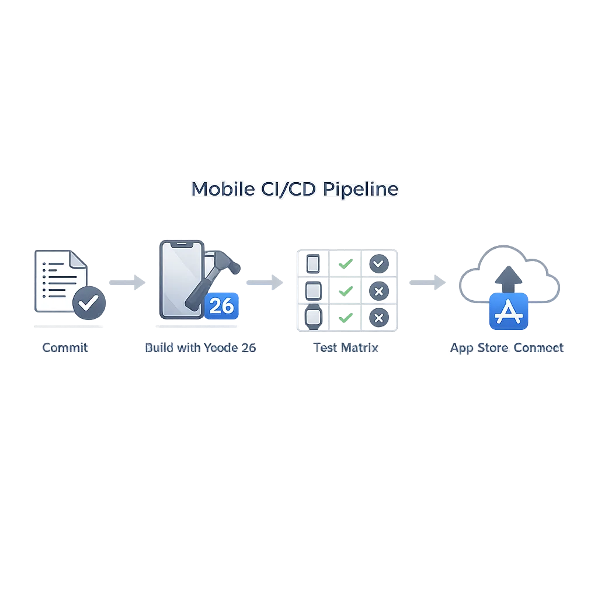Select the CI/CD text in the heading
pyautogui.click(x=288, y=189)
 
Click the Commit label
pyautogui.click(x=65, y=347)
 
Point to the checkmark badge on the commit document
pyautogui.click(x=89, y=303)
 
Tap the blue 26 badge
pyautogui.click(x=221, y=305)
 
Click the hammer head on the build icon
pyautogui.click(x=225, y=263)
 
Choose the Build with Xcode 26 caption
pyautogui.click(x=200, y=347)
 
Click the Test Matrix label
pyautogui.click(x=346, y=347)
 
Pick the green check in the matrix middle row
pyautogui.click(x=346, y=290)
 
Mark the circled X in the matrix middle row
pyautogui.click(x=379, y=291)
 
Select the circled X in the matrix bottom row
pyautogui.click(x=379, y=317)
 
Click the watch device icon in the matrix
pyautogui.click(x=313, y=317)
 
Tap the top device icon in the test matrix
pyautogui.click(x=313, y=264)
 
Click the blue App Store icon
pyautogui.click(x=508, y=312)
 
